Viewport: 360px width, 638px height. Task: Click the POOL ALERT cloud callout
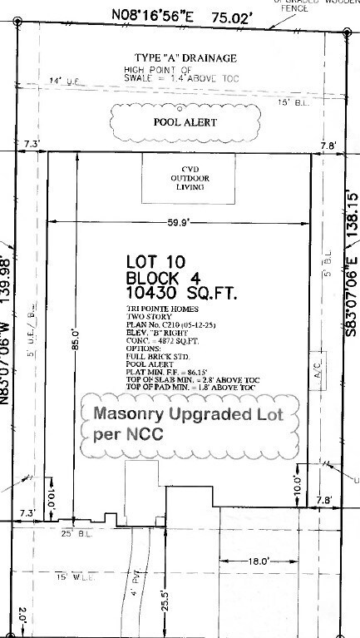(185, 122)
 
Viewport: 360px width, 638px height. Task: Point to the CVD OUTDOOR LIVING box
(180, 178)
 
